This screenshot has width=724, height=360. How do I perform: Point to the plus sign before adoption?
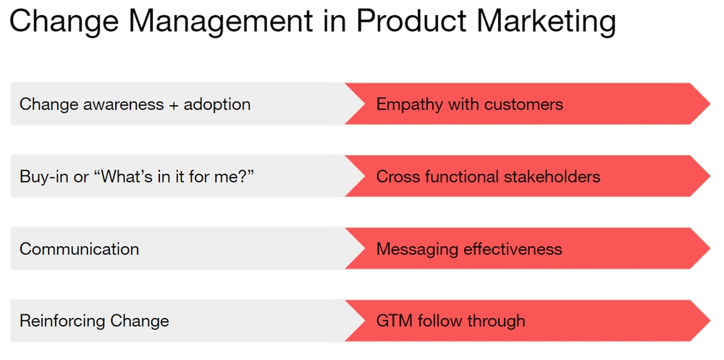point(173,105)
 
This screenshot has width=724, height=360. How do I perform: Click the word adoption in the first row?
point(217,104)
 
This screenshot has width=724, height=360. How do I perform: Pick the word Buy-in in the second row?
point(41,177)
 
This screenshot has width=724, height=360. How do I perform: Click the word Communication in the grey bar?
point(79,248)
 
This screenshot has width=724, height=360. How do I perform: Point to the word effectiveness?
point(510,248)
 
